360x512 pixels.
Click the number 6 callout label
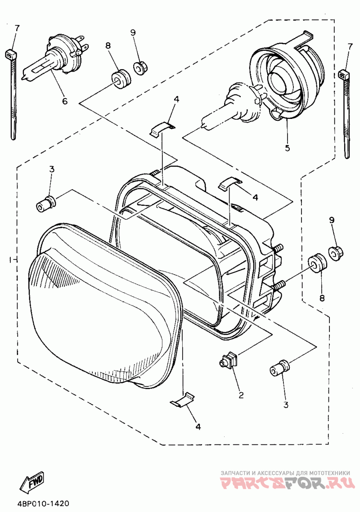click(x=64, y=101)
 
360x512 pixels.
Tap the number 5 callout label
click(x=287, y=147)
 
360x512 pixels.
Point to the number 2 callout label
click(x=241, y=395)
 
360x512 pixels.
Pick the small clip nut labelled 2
click(x=229, y=360)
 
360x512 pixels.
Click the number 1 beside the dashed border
click(x=10, y=260)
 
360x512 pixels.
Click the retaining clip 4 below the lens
click(x=183, y=400)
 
